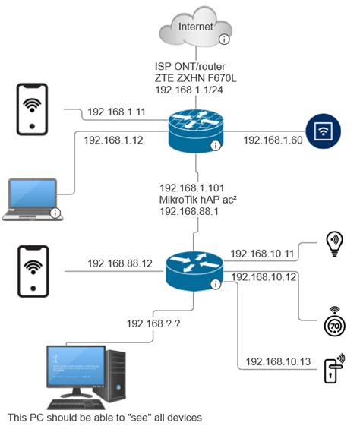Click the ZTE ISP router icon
[196, 131]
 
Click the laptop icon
[31, 199]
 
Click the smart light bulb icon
[333, 242]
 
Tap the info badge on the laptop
[55, 213]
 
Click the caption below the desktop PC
[103, 417]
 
